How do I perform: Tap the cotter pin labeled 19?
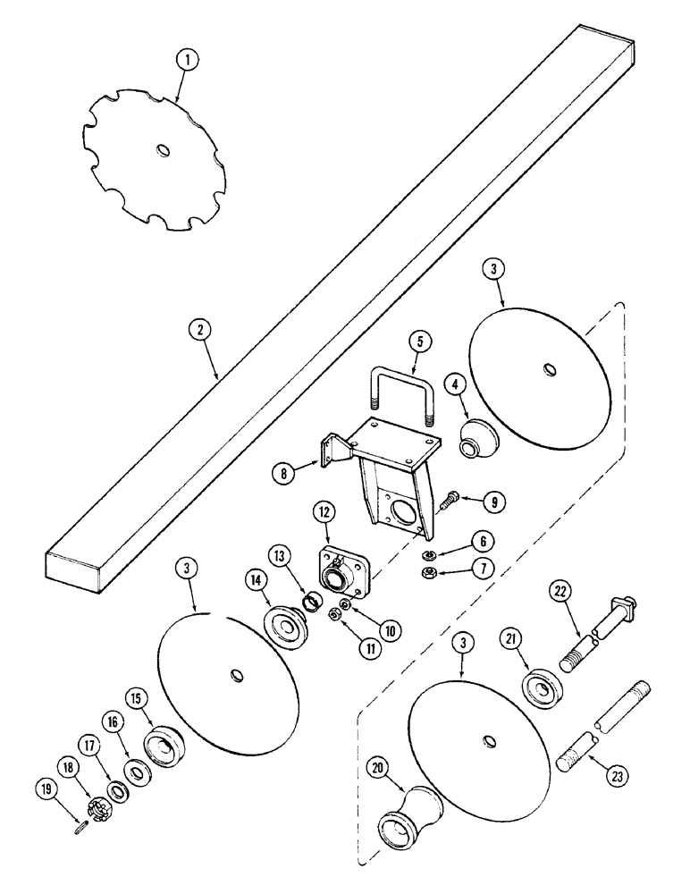pos(78,825)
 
